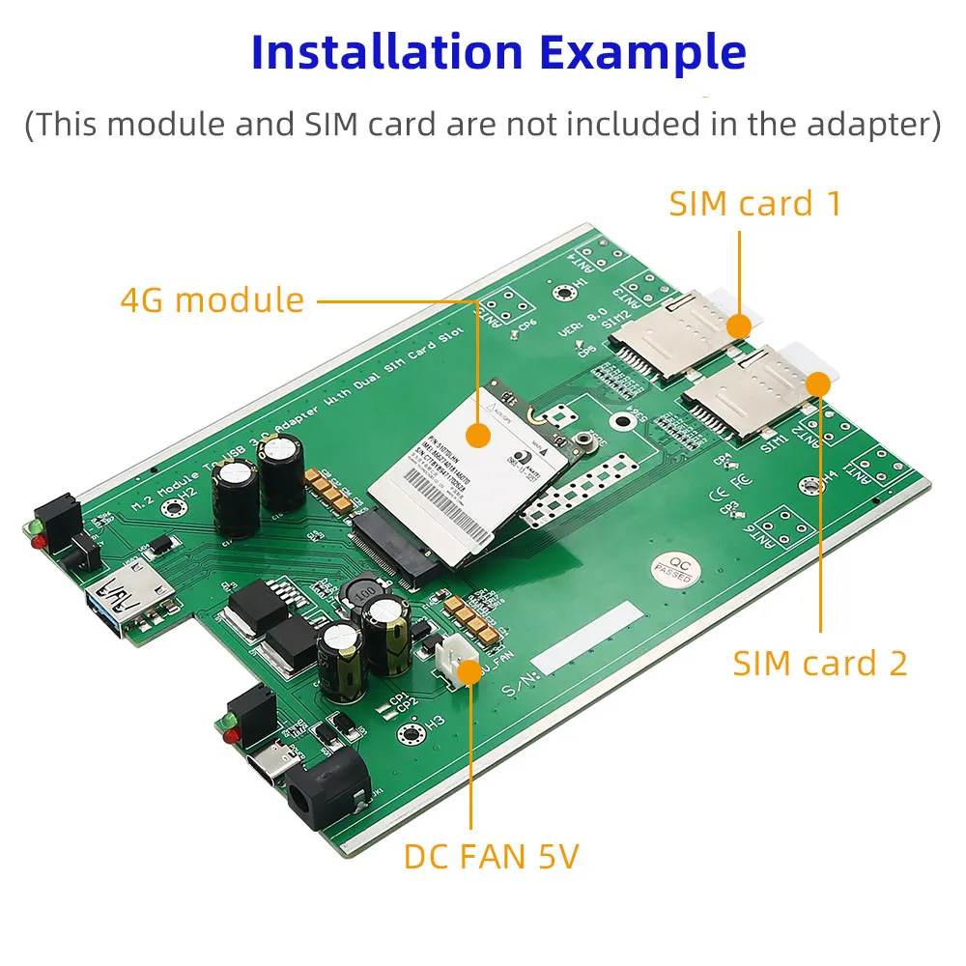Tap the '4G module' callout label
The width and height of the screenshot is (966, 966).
[213, 300]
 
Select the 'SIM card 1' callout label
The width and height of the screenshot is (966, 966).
[755, 204]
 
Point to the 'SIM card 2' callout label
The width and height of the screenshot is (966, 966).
[820, 664]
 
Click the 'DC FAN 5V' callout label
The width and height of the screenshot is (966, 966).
[491, 856]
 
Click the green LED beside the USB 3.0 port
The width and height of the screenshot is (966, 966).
[32, 527]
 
